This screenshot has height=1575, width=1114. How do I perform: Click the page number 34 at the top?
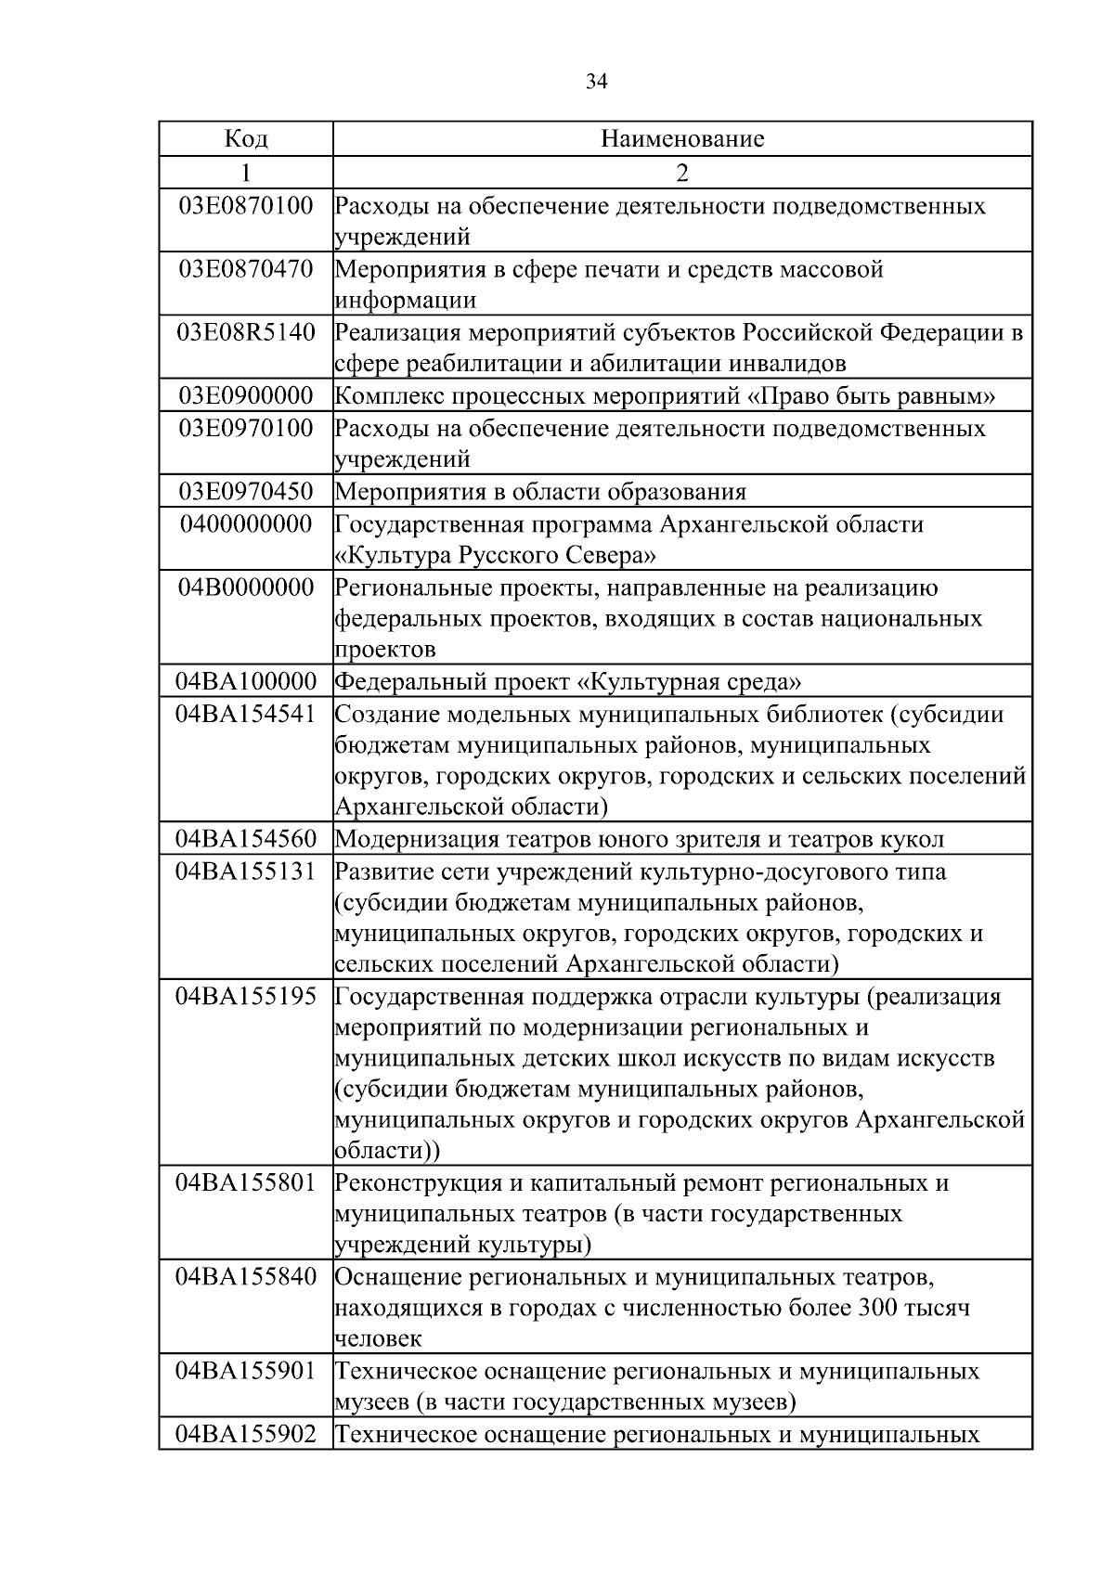coord(597,82)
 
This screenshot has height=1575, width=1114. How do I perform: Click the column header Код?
coord(246,139)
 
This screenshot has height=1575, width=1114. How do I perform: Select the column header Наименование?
coord(682,139)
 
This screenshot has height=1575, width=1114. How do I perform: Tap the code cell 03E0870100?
coord(246,205)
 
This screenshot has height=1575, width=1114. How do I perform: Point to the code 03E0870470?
coord(246,269)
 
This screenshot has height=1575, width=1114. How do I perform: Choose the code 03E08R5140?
coord(246,332)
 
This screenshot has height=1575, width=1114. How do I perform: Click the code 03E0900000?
coord(246,396)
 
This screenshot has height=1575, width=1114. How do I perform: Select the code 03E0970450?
coord(246,491)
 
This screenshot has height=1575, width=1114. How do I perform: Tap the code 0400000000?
coord(246,523)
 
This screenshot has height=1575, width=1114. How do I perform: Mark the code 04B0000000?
coord(246,587)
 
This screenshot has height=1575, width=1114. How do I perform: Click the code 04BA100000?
coord(246,682)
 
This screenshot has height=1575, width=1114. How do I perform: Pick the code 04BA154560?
coord(246,839)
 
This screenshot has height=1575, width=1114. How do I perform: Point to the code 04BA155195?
coord(246,997)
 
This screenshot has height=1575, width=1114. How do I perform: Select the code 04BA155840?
coord(246,1277)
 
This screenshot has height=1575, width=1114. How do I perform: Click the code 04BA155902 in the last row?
coord(246,1435)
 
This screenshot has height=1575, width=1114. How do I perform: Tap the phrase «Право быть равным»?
coord(872,397)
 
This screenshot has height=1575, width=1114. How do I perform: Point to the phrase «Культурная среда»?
coord(689,683)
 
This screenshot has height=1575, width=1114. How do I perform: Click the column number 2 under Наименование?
coord(682,173)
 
